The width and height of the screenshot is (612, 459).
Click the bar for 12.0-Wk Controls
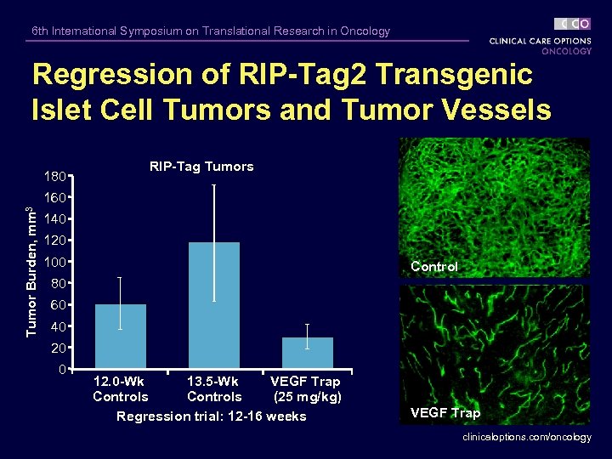pyautogui.click(x=121, y=336)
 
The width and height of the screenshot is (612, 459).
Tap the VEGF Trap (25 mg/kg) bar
pyautogui.click(x=307, y=352)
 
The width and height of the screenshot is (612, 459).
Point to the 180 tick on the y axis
pyautogui.click(x=56, y=177)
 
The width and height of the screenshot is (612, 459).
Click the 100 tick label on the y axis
pyautogui.click(x=56, y=261)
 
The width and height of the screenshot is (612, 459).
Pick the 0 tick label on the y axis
pyautogui.click(x=62, y=370)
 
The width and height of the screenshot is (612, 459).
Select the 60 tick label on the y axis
pyautogui.click(x=59, y=304)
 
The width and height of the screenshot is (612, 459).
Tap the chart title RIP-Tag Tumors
pyautogui.click(x=201, y=167)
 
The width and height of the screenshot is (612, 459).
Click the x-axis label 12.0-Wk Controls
pyautogui.click(x=121, y=389)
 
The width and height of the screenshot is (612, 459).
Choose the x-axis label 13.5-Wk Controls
pyautogui.click(x=214, y=389)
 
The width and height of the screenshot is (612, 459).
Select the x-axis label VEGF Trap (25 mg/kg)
pyautogui.click(x=306, y=389)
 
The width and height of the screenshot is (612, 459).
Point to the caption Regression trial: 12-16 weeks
pyautogui.click(x=211, y=416)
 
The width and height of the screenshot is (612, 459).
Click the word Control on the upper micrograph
pyautogui.click(x=433, y=267)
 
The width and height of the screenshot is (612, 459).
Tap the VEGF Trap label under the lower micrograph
pyautogui.click(x=445, y=413)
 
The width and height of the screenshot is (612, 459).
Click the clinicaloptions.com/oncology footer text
pyautogui.click(x=526, y=437)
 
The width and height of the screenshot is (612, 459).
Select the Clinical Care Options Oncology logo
pyautogui.click(x=541, y=37)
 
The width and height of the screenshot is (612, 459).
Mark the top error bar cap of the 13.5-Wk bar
pyautogui.click(x=214, y=184)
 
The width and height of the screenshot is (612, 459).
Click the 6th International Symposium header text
pyautogui.click(x=211, y=31)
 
